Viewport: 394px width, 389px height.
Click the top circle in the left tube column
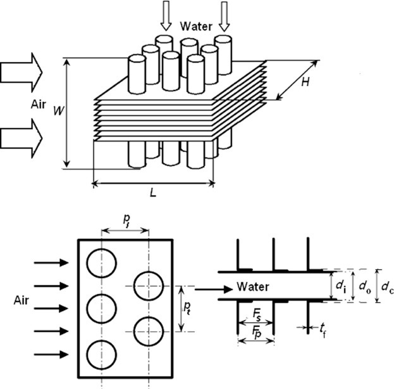[x=102, y=262]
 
